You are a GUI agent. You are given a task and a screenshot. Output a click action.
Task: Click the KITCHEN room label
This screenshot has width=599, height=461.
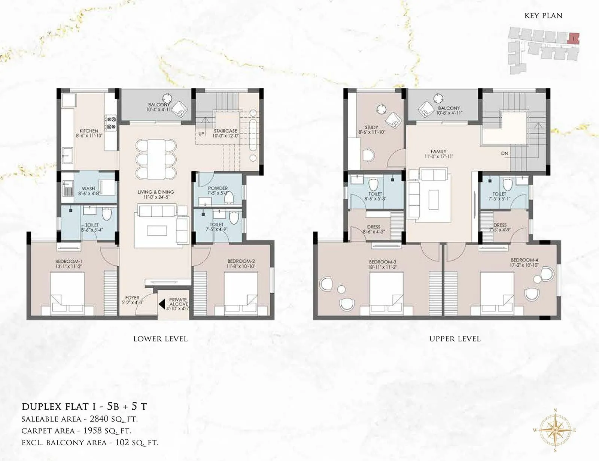click(x=89, y=131)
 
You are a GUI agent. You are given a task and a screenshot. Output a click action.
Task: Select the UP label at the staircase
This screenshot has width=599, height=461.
click(x=201, y=133)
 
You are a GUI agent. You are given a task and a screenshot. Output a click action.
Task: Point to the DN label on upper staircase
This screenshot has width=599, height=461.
click(x=505, y=153)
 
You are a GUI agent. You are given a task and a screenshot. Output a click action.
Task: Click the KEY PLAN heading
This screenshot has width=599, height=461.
click(x=543, y=16)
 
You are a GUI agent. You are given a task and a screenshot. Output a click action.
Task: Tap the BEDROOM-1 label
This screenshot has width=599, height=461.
click(x=69, y=261)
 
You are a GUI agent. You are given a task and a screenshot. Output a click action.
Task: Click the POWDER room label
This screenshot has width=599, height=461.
click(x=218, y=188)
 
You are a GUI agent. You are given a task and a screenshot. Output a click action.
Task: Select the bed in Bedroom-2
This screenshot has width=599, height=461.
click(x=241, y=292)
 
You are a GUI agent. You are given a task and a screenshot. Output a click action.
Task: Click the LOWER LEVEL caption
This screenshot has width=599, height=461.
click(x=160, y=339)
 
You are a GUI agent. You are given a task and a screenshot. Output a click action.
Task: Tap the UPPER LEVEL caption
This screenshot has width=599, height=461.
click(x=454, y=339)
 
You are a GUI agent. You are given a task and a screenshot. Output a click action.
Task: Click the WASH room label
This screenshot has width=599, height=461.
click(x=88, y=189)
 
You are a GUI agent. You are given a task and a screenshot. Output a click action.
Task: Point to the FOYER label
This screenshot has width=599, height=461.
click(x=132, y=298)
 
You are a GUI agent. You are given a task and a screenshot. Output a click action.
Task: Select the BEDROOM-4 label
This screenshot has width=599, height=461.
click(x=521, y=260)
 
